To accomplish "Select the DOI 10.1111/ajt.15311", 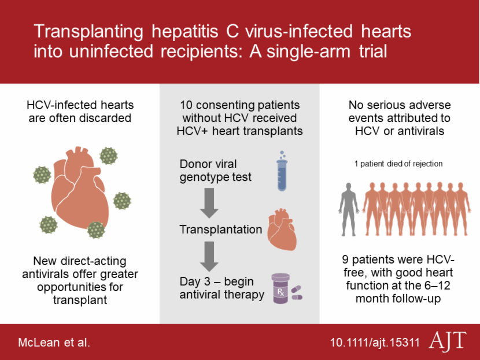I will (x=374, y=342).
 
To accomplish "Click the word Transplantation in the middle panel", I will (x=220, y=229).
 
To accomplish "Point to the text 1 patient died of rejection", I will (x=398, y=164).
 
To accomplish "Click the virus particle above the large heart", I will (x=109, y=155).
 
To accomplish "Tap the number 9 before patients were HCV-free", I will (x=346, y=259).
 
